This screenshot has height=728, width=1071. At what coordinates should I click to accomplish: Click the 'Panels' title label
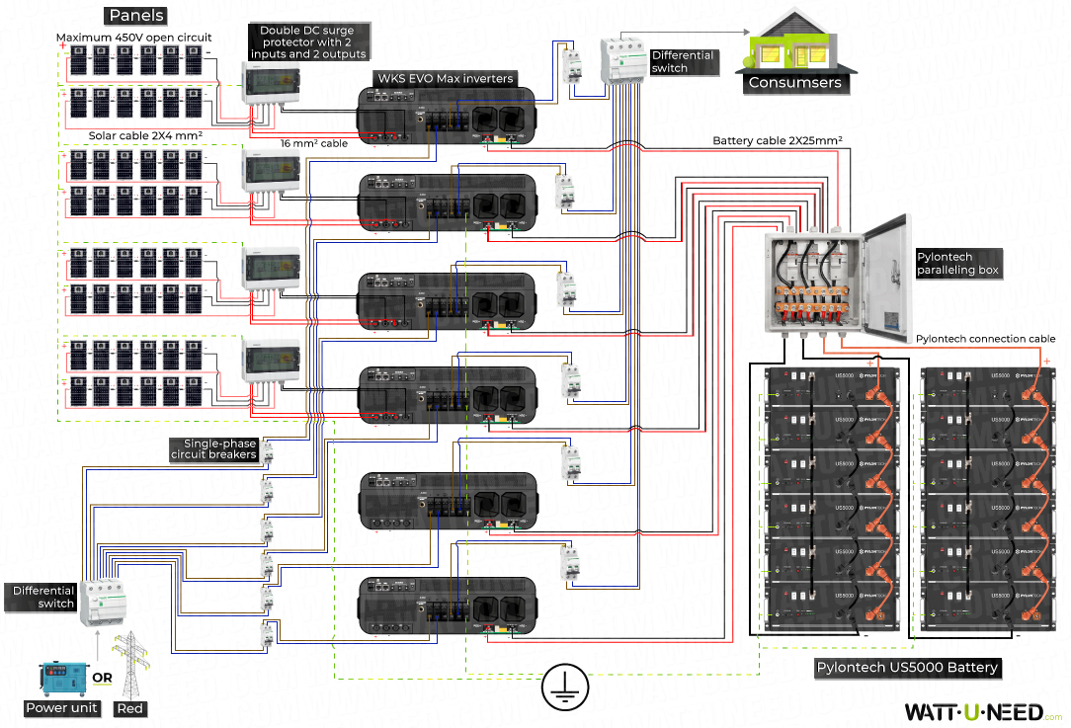pyautogui.click(x=136, y=16)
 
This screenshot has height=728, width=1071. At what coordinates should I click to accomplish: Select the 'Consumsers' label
pyautogui.click(x=794, y=83)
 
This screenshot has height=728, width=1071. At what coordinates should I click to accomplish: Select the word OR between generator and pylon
pyautogui.click(x=102, y=679)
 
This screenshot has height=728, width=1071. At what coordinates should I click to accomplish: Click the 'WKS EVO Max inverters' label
pyautogui.click(x=446, y=78)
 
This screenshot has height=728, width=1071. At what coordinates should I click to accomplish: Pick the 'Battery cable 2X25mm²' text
pyautogui.click(x=778, y=141)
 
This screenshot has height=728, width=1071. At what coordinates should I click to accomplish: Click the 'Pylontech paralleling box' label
pyautogui.click(x=957, y=263)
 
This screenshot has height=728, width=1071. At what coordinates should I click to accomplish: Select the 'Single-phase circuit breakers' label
pyautogui.click(x=213, y=449)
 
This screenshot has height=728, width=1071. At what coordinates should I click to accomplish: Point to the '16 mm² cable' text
pyautogui.click(x=314, y=144)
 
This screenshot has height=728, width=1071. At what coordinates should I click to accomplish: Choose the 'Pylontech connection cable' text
pyautogui.click(x=985, y=339)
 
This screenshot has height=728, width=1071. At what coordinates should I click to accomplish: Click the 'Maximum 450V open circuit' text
pyautogui.click(x=133, y=39)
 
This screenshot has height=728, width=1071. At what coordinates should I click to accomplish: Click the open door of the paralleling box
pyautogui.click(x=885, y=282)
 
